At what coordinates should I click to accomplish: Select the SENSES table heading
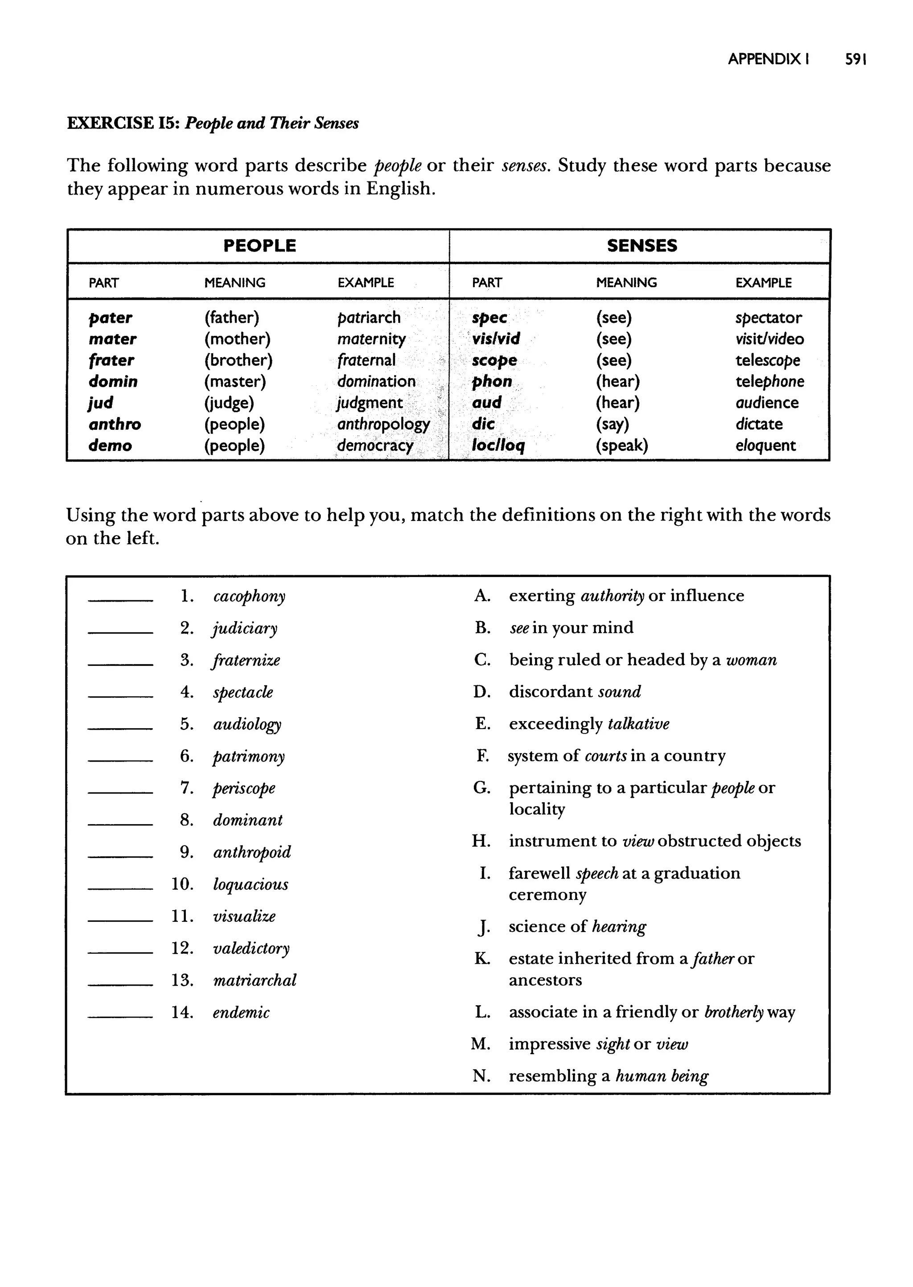(x=642, y=246)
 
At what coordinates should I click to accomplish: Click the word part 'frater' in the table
(x=111, y=360)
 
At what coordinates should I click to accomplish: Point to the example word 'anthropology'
(x=383, y=425)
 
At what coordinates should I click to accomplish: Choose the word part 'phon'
(x=492, y=382)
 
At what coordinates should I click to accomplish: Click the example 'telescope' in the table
(x=767, y=360)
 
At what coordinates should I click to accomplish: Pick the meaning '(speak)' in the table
(x=622, y=446)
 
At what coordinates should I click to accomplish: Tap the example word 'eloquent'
(x=765, y=446)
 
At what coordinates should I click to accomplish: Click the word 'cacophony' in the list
(x=249, y=597)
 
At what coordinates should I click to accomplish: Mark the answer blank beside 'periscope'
(x=120, y=792)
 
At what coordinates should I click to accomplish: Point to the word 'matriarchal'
(x=254, y=981)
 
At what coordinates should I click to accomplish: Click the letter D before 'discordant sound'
(x=482, y=692)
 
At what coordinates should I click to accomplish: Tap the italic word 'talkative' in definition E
(x=639, y=724)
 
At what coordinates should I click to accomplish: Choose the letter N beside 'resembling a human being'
(x=481, y=1076)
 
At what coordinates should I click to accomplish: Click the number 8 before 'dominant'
(x=186, y=821)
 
